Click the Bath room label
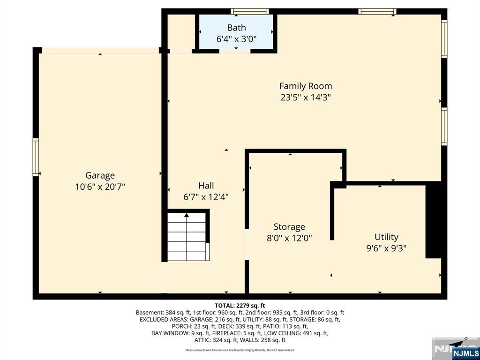(236, 28)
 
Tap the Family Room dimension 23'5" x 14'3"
(306, 97)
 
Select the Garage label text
(100, 175)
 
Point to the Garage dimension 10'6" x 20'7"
(100, 187)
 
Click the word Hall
(206, 186)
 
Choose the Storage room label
(289, 227)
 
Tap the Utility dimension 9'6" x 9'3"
(386, 248)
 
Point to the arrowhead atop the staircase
(187, 215)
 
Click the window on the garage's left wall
(36, 157)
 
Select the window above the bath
(250, 11)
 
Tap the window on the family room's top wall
(377, 11)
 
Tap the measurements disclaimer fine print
(240, 350)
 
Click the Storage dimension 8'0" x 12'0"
(289, 238)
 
